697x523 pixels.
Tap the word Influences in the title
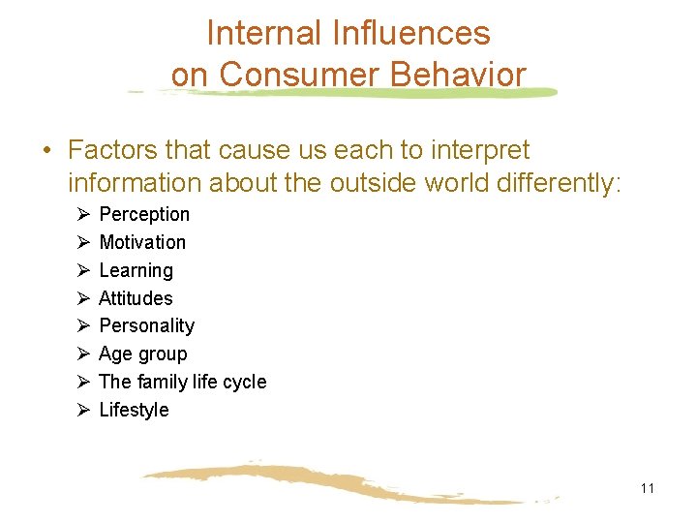411,34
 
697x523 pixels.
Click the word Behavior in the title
458,75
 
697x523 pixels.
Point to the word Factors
112,150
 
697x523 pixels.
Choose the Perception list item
144,214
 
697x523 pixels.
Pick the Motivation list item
142,242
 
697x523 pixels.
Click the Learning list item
136,270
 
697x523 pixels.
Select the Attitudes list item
136,298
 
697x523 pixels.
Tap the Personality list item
147,325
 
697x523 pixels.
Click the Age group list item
143,354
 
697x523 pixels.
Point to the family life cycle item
183,382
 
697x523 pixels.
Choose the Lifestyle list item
135,410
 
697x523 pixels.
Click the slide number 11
648,488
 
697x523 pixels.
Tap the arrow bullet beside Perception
83,214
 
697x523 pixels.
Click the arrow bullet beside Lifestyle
83,410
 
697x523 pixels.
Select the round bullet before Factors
46,151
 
